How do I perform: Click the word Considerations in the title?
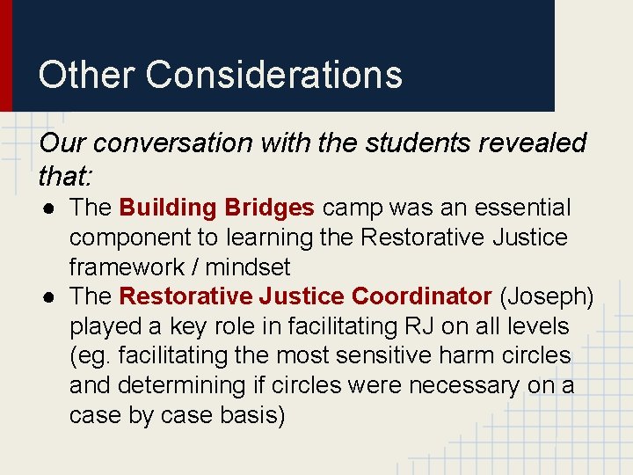(x=273, y=75)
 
